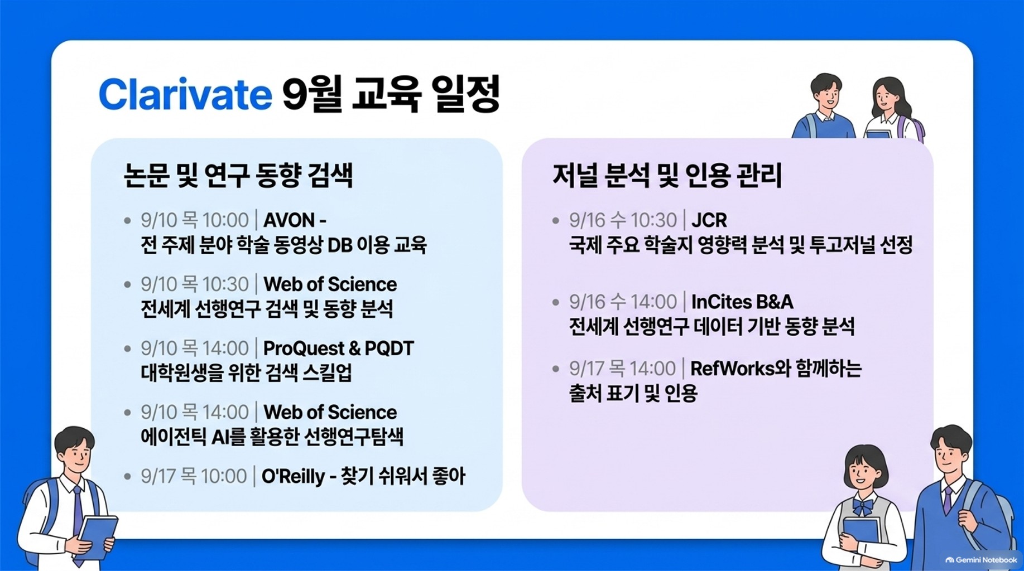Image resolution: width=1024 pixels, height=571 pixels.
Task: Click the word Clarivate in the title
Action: tap(185, 94)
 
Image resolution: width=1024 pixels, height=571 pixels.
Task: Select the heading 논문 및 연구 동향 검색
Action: tap(238, 175)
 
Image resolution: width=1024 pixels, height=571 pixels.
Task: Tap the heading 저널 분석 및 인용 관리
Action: tap(667, 175)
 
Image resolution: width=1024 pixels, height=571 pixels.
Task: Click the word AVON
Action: tap(289, 220)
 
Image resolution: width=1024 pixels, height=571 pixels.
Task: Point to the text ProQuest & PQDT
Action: tap(339, 349)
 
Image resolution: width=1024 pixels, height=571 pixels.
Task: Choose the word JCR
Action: tap(709, 220)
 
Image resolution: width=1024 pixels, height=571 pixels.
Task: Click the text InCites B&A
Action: tap(742, 302)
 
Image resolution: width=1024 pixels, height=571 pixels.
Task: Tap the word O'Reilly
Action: tap(293, 476)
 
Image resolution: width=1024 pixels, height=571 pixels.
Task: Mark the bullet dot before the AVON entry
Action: tap(127, 221)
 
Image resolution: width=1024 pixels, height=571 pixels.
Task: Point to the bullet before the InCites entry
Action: tap(556, 302)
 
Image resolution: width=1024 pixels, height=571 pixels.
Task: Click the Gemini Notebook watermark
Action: tap(981, 560)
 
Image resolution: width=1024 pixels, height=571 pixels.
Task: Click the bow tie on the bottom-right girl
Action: tap(862, 506)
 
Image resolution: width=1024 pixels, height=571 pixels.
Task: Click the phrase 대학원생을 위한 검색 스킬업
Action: tap(247, 373)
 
